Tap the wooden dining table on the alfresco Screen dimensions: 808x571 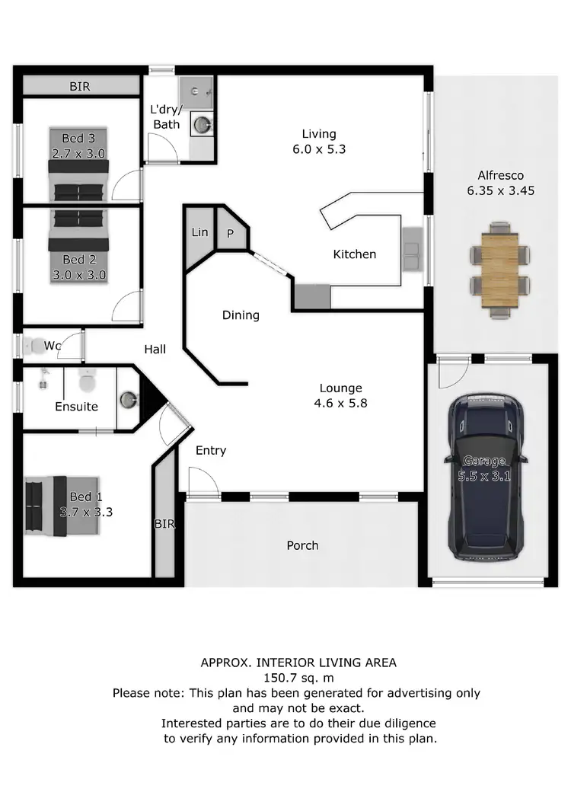499,270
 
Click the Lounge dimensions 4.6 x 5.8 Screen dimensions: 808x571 341,404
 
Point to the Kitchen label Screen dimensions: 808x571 355,254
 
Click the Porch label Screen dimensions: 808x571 302,545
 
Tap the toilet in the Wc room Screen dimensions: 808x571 36,347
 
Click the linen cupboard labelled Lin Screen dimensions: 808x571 199,232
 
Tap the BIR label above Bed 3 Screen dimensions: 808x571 79,87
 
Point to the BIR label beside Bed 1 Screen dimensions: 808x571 164,524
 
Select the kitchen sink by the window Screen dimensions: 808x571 413,248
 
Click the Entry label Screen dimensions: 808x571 211,450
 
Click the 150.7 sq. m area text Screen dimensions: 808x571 298,677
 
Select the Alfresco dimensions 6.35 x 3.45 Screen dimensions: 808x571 500,190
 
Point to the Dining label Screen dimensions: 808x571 241,315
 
